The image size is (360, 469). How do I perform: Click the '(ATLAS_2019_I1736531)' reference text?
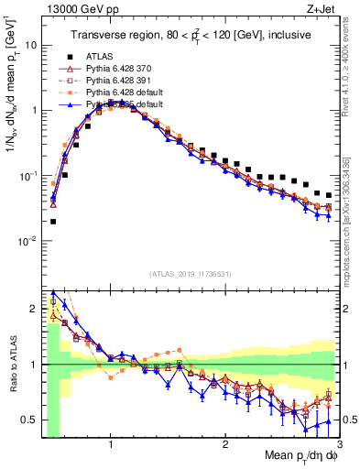191,274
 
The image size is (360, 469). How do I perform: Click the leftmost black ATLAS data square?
53,221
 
